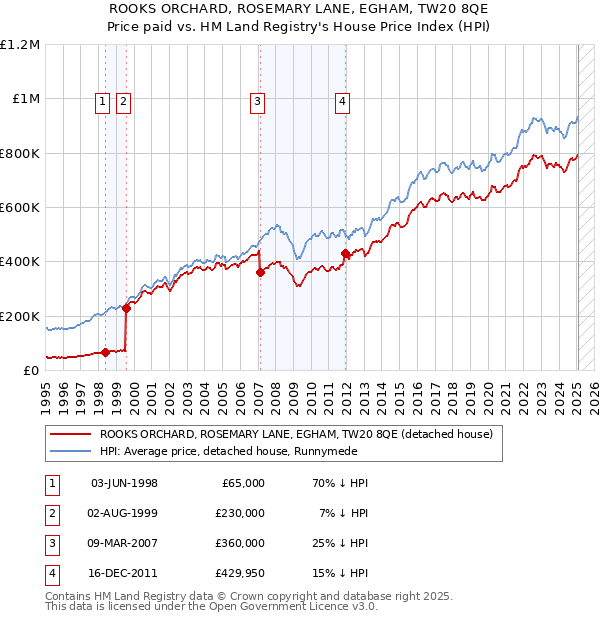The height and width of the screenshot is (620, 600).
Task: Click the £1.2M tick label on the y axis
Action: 20,45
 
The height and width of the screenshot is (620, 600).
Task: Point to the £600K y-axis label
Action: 20,208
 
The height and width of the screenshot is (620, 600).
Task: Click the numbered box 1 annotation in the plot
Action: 104,100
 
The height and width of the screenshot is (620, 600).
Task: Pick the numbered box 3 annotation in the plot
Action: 257,100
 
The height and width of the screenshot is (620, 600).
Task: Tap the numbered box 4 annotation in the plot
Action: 342,100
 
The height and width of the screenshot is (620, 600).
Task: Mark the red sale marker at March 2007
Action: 260,272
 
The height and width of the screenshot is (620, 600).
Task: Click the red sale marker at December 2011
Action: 345,254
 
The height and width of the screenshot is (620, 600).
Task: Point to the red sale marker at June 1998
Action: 106,352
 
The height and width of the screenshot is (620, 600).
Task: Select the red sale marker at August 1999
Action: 127,308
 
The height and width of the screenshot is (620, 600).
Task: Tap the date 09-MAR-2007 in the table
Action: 124,543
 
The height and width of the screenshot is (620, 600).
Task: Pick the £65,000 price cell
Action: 240,483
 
